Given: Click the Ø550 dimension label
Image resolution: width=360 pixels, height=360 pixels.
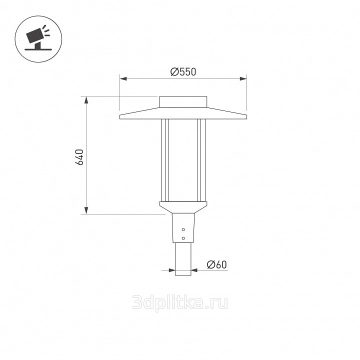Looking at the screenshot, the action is point(183,72).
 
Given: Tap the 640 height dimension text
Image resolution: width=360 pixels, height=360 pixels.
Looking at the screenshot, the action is point(79,157).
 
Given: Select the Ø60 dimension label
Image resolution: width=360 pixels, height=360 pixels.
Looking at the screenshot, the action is point(216,264).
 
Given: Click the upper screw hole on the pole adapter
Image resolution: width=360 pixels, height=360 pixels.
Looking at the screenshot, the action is point(183,229).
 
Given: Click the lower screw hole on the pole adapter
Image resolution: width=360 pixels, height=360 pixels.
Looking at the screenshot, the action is point(183,238).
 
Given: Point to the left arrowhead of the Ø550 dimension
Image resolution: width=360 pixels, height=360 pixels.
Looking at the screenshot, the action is point(123,79).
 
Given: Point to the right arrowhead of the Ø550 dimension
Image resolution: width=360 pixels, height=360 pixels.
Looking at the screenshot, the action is point(243,79).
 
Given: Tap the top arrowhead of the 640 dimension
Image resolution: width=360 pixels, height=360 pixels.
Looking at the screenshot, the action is point(86,100).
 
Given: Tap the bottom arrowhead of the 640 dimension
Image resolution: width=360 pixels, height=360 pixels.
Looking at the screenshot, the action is point(86,210).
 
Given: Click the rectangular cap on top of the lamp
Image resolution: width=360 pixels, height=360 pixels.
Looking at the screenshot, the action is point(183,102).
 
